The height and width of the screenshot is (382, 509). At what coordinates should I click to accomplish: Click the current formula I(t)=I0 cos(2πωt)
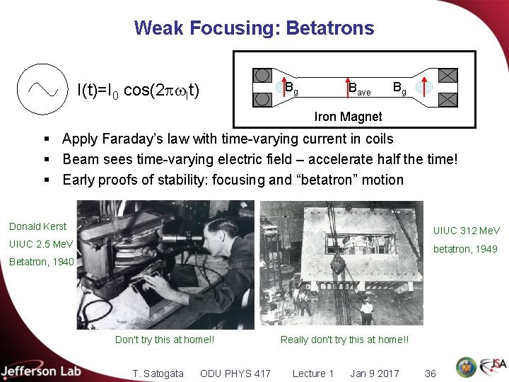[138, 91]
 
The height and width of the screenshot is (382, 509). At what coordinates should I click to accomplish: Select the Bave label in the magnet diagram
[359, 88]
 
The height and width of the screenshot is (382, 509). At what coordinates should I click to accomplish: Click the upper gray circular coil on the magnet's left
[262, 75]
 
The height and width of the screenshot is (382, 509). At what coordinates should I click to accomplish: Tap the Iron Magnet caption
[348, 116]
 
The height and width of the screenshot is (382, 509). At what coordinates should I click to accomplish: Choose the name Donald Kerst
[37, 226]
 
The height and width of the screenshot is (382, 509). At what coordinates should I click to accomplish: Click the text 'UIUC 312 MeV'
[466, 231]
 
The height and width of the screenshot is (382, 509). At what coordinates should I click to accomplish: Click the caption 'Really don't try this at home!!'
[344, 340]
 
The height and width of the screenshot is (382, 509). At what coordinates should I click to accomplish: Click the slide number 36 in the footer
[430, 374]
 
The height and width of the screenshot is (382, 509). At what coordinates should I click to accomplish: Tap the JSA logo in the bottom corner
[492, 367]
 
